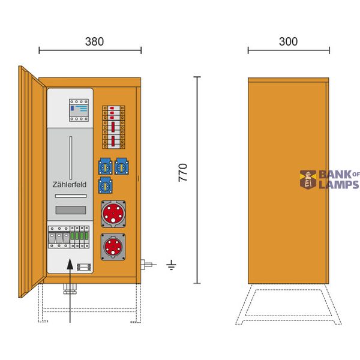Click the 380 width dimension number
tap(94, 41)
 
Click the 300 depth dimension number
tap(289, 41)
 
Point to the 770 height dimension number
tap(183, 173)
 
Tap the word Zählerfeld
tap(70, 185)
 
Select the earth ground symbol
tap(171, 265)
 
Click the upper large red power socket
tap(113, 214)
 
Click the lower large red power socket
tap(113, 247)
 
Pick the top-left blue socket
tap(106, 166)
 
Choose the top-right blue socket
tap(122, 166)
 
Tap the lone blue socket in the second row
tap(106, 185)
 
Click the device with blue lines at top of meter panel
tap(79, 110)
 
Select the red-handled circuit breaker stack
tap(113, 127)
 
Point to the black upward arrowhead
tap(70, 264)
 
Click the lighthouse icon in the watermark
tap(308, 180)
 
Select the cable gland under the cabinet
tap(70, 289)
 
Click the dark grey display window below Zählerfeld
tap(71, 210)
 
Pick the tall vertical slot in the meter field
tap(71, 158)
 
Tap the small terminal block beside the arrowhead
tap(84, 267)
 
